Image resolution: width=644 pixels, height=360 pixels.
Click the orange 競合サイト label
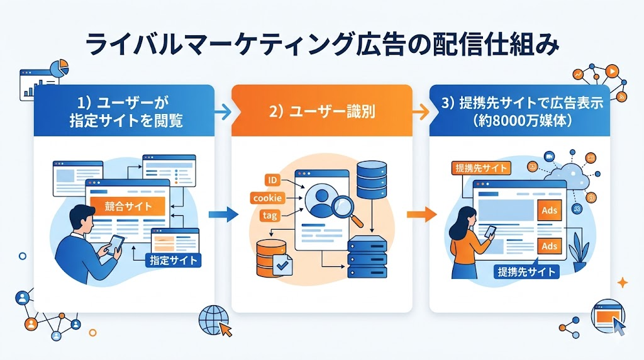pos(128,206)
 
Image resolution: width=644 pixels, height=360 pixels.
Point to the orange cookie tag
pos(267,198)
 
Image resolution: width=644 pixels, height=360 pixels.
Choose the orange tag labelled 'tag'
pos(270,216)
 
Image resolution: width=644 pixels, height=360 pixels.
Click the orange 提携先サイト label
pos(481,168)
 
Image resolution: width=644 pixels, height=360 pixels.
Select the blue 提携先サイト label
pos(526,272)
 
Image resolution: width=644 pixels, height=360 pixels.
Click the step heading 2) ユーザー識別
pos(321,112)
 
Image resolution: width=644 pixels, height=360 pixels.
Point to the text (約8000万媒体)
pos(521,121)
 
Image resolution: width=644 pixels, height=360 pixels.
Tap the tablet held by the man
pos(115,242)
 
